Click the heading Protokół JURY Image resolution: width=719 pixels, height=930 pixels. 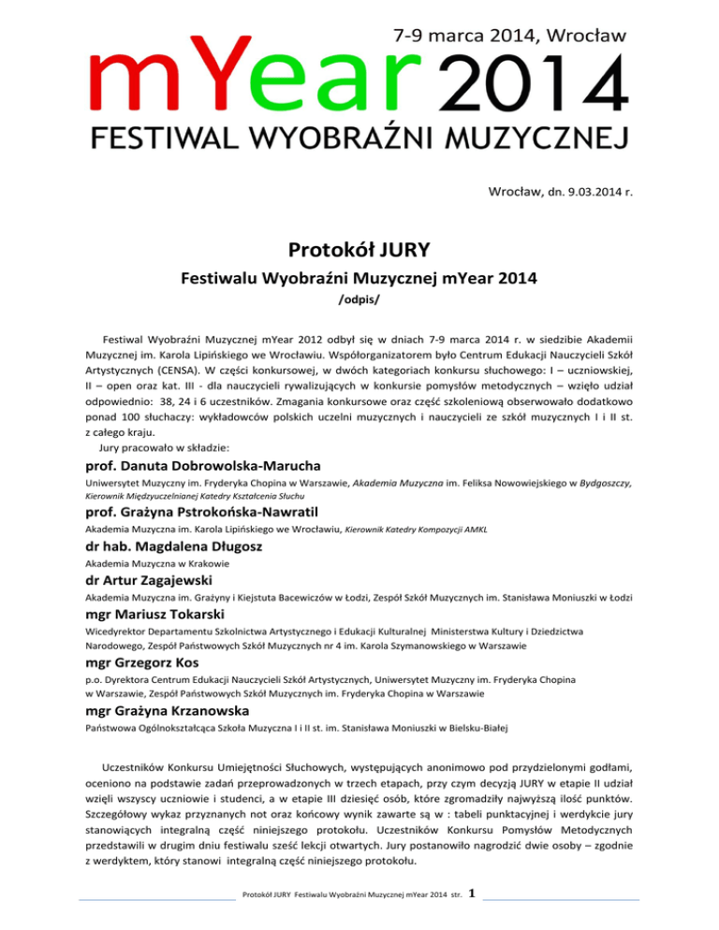tap(359, 251)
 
